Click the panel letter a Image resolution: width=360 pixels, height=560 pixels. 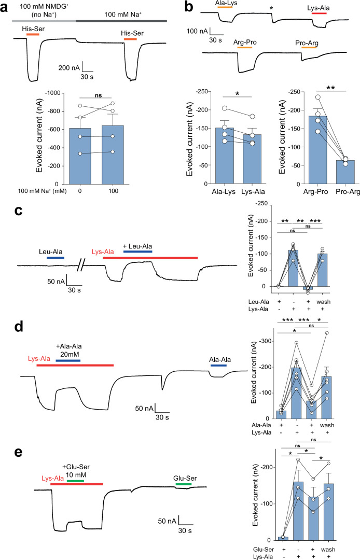click(x=7, y=7)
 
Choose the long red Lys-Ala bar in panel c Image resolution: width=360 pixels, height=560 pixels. click(x=150, y=257)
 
